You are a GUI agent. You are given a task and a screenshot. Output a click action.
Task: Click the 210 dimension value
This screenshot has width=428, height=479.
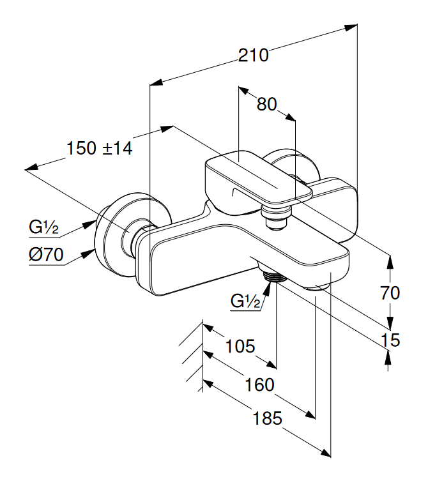pyautogui.click(x=254, y=56)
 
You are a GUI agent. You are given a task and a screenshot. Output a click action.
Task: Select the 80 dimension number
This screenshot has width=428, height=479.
pyautogui.click(x=267, y=104)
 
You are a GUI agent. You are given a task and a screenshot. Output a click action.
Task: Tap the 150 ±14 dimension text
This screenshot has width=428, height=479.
pyautogui.click(x=99, y=149)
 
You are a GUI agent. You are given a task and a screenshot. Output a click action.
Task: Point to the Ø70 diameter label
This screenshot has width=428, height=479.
pyautogui.click(x=46, y=255)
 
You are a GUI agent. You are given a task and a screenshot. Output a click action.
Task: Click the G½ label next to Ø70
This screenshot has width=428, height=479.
pyautogui.click(x=44, y=227)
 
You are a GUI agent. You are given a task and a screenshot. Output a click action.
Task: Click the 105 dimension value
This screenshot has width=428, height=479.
pyautogui.click(x=240, y=347)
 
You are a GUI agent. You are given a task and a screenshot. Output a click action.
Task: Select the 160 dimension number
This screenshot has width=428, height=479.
pyautogui.click(x=259, y=385)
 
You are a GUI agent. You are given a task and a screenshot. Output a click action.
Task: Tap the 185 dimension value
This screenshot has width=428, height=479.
pyautogui.click(x=267, y=419)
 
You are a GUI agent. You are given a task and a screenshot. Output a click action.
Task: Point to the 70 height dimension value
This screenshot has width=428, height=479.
pyautogui.click(x=390, y=293)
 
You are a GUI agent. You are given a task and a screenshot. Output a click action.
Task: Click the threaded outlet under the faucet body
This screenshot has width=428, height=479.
pyautogui.click(x=272, y=277)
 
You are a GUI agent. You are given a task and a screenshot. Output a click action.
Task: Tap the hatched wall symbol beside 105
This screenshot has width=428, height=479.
pyautogui.click(x=194, y=354)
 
